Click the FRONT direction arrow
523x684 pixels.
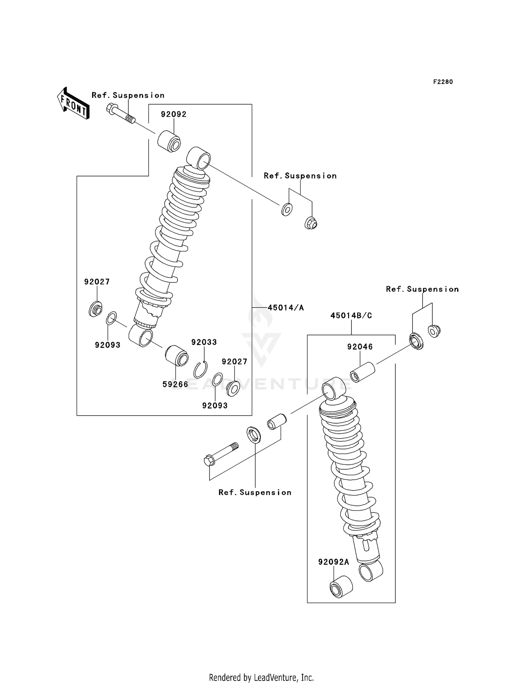[73, 103]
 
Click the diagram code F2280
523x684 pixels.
[443, 82]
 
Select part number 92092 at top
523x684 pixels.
[173, 114]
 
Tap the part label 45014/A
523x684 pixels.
[286, 307]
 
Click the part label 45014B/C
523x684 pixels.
[351, 316]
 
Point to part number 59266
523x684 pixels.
[175, 384]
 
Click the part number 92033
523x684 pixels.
[204, 342]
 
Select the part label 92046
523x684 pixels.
[360, 347]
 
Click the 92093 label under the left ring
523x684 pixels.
[107, 345]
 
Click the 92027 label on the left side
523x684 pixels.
[97, 282]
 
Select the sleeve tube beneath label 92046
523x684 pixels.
[362, 372]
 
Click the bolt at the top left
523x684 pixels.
[120, 114]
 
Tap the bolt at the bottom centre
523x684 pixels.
[221, 454]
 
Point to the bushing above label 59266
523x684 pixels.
[176, 355]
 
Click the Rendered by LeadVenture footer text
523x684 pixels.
[261, 677]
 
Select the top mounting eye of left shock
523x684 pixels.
[199, 158]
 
